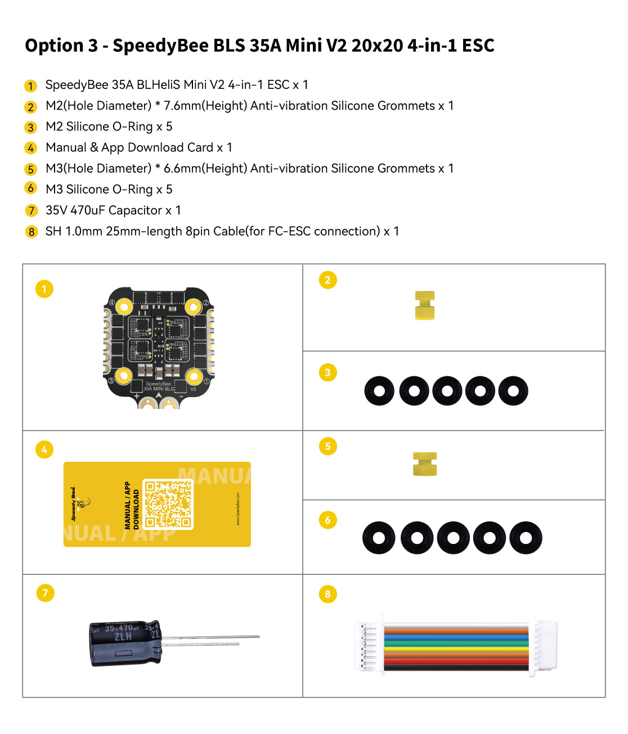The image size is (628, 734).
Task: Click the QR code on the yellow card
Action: [x=168, y=504]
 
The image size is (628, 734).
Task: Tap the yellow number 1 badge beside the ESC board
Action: [x=44, y=289]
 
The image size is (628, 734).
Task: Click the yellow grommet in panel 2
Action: [x=425, y=305]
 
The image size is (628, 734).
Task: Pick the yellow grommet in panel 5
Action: [x=425, y=464]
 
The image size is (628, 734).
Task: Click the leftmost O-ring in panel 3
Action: [x=379, y=391]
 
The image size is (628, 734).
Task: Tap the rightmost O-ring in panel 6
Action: [x=526, y=538]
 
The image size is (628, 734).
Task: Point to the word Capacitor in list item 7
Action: [x=135, y=210]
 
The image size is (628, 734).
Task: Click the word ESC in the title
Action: [x=478, y=46]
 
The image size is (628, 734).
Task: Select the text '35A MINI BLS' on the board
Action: [x=158, y=389]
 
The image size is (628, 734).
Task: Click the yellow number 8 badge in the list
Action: [x=32, y=232]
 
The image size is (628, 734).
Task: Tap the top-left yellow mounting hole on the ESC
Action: [x=124, y=307]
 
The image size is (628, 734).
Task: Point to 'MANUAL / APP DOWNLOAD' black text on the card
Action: [x=132, y=505]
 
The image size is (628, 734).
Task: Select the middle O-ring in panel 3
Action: [x=447, y=391]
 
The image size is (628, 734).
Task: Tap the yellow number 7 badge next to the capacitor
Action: [x=45, y=593]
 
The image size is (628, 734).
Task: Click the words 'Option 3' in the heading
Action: [x=61, y=46]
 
